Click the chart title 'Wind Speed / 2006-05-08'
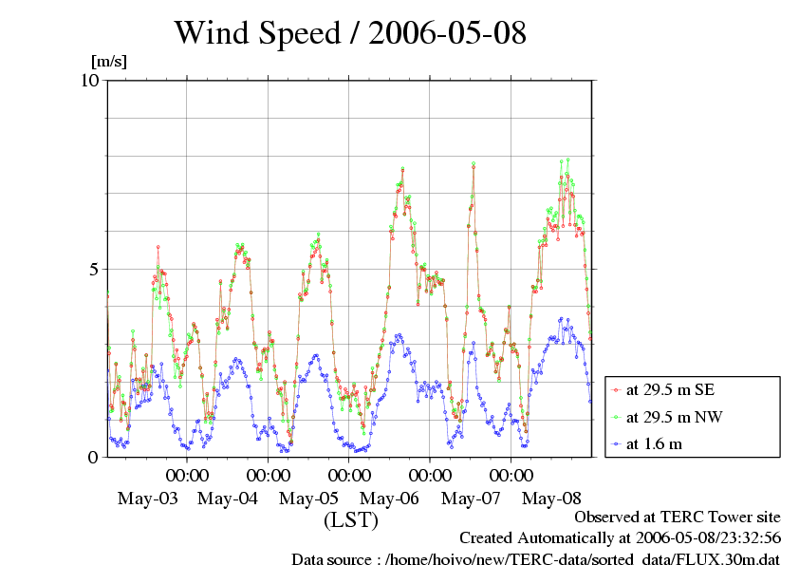click(x=350, y=33)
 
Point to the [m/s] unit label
click(x=108, y=62)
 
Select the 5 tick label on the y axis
click(x=93, y=269)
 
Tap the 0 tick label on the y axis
click(x=93, y=457)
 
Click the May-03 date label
click(x=147, y=499)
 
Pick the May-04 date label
click(x=229, y=499)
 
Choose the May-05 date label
click(x=309, y=499)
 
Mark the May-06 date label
click(x=391, y=499)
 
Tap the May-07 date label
click(x=472, y=499)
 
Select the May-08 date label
click(x=552, y=499)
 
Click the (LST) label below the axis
click(x=351, y=520)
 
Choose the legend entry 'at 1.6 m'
click(x=656, y=443)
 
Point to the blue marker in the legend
click(x=617, y=443)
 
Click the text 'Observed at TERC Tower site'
click(x=678, y=518)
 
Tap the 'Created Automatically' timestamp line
click(x=620, y=538)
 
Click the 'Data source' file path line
click(x=535, y=558)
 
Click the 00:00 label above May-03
click(x=188, y=475)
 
